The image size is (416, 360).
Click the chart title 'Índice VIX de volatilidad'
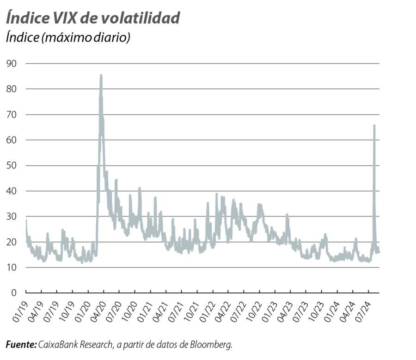(x=92, y=18)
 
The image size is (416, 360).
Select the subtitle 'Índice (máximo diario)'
(x=68, y=37)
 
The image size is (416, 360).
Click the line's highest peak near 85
(x=101, y=75)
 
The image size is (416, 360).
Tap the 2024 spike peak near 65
(x=374, y=125)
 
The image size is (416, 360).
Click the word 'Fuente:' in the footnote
(x=21, y=345)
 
